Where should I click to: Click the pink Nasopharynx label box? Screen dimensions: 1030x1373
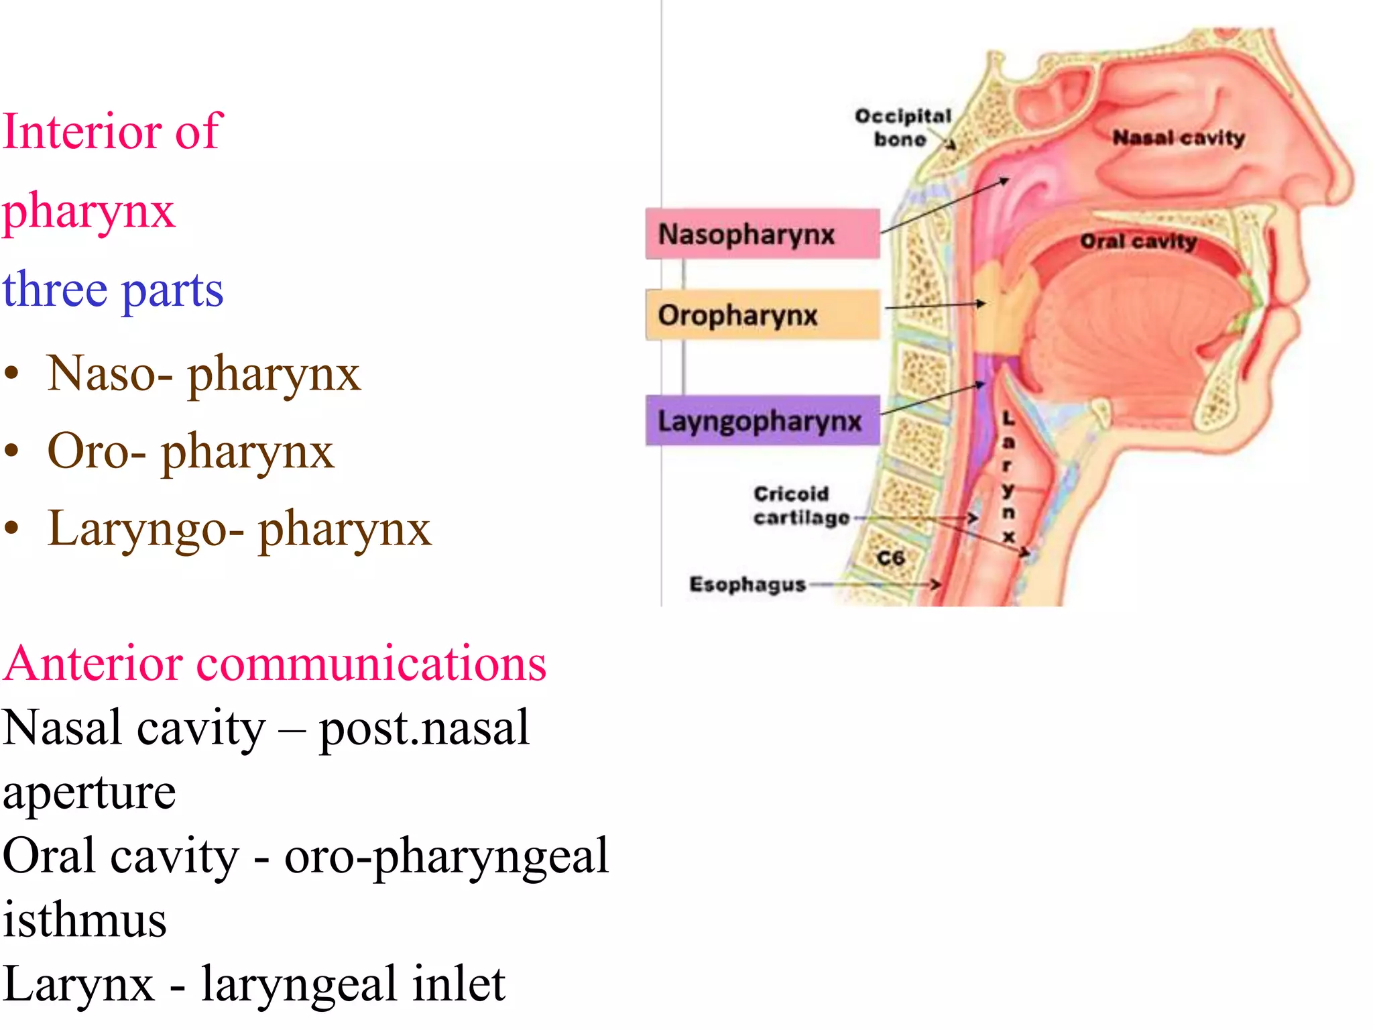pos(762,234)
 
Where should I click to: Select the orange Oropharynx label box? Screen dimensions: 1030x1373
pos(762,314)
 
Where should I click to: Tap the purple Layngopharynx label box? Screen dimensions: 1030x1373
pos(762,421)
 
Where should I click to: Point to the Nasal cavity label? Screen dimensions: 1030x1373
pos(1178,138)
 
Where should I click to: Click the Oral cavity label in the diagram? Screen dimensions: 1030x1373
pos(1138,241)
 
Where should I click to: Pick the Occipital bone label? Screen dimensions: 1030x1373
pos(902,127)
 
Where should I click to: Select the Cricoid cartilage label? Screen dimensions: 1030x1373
pos(800,506)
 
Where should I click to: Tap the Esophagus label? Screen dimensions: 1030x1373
pos(747,584)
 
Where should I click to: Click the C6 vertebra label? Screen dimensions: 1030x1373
pos(890,558)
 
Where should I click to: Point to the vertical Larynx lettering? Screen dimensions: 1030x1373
pos(1008,477)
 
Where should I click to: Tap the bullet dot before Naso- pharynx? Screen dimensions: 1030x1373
pos(11,374)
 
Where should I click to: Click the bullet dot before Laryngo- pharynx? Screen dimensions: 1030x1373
pos(11,528)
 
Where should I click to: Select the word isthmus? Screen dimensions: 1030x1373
pos(84,919)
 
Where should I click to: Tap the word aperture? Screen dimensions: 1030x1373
pos(89,792)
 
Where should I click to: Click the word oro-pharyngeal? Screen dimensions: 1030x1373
pos(446,856)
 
